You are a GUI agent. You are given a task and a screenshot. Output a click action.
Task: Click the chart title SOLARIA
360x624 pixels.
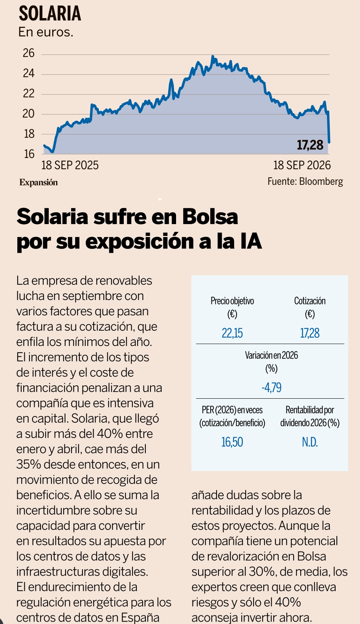[50, 14]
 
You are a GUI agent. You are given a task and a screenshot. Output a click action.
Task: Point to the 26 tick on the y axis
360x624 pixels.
[29, 53]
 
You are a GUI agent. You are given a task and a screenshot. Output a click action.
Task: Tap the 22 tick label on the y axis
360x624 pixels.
[29, 93]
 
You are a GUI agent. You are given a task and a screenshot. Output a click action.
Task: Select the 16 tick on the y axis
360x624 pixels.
[29, 154]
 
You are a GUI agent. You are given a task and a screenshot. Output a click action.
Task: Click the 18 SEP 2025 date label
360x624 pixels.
[70, 165]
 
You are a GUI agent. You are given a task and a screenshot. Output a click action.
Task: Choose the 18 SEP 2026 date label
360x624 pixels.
[302, 165]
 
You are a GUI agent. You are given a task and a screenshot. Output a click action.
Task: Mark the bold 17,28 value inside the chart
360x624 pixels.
[310, 145]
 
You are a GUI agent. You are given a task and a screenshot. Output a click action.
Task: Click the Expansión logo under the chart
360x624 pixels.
[39, 182]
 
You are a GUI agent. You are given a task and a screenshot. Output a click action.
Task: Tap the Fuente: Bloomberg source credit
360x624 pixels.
[305, 181]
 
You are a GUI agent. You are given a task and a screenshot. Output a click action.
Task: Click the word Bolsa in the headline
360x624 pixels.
[210, 216]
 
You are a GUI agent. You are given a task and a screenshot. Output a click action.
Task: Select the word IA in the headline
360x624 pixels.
[251, 241]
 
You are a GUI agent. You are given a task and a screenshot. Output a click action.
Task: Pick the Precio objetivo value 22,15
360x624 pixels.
[232, 333]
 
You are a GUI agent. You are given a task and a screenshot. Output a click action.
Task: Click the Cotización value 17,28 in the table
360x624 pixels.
[310, 333]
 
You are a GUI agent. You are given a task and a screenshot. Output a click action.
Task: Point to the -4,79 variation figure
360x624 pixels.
[272, 387]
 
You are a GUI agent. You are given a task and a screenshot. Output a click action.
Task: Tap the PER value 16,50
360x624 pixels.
[232, 442]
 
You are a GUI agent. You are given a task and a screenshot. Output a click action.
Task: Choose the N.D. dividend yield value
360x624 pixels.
[310, 442]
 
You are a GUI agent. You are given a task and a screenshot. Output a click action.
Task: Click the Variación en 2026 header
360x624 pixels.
[272, 355]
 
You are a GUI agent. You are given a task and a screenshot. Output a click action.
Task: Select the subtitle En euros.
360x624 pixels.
[46, 32]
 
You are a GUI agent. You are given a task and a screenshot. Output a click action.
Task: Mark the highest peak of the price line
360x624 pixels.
[213, 57]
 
